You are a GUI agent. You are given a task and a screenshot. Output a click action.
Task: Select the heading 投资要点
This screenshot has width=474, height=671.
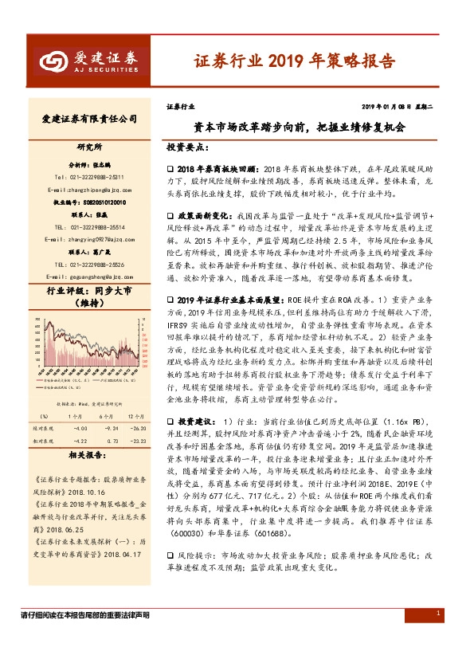(x=188, y=149)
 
